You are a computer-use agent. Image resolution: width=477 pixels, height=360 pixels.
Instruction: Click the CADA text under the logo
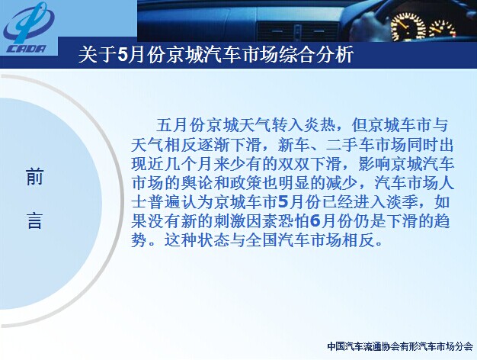27,49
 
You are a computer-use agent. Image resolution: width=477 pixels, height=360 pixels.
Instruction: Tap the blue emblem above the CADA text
28,23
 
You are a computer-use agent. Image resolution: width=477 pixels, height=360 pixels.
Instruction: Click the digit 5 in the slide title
122,55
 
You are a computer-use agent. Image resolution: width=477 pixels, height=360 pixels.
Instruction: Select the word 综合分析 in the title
316,55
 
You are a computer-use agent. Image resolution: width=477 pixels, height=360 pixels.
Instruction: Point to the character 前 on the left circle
35,176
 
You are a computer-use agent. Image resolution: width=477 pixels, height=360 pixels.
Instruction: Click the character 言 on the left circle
35,220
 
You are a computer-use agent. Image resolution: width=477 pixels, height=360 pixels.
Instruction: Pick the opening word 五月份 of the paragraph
181,125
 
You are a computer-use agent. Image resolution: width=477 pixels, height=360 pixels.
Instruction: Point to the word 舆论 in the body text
197,184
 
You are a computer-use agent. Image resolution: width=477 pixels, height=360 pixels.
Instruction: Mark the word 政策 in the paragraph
245,184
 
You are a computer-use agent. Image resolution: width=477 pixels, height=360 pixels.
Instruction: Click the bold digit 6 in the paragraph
315,221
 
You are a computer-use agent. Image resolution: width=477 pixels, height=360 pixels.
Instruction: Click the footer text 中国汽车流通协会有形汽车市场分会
400,346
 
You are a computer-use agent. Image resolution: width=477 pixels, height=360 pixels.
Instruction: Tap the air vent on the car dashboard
297,31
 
